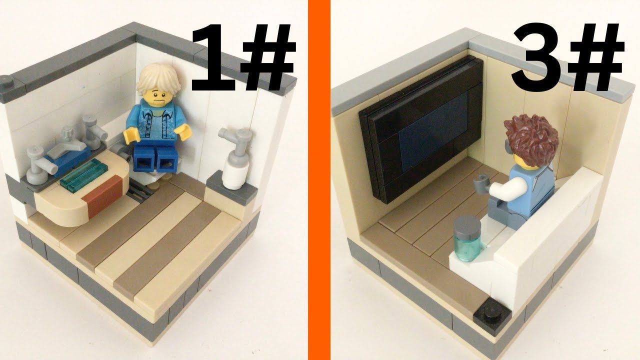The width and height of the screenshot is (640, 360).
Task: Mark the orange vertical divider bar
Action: (319, 180)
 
